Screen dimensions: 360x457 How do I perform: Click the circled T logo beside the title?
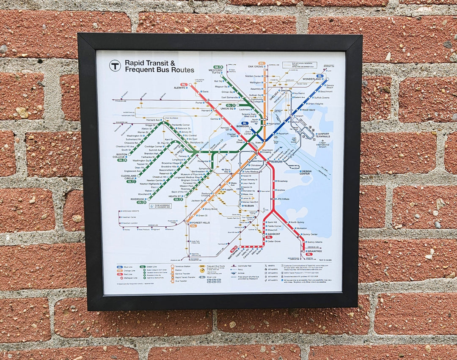click(115, 66)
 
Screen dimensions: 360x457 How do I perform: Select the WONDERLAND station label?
click(312, 80)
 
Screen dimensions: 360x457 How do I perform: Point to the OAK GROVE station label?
click(256, 66)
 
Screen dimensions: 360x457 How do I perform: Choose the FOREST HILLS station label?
click(200, 223)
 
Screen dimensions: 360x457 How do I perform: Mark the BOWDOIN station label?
click(242, 126)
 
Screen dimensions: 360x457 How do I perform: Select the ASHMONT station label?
click(273, 234)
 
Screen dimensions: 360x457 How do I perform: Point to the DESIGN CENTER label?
click(306, 172)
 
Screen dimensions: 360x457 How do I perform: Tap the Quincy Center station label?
click(310, 234)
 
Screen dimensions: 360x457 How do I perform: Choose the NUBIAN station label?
click(248, 206)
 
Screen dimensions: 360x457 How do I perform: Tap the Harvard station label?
click(206, 110)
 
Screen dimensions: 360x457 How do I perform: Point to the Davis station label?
click(205, 91)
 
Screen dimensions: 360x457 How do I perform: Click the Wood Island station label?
click(308, 110)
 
